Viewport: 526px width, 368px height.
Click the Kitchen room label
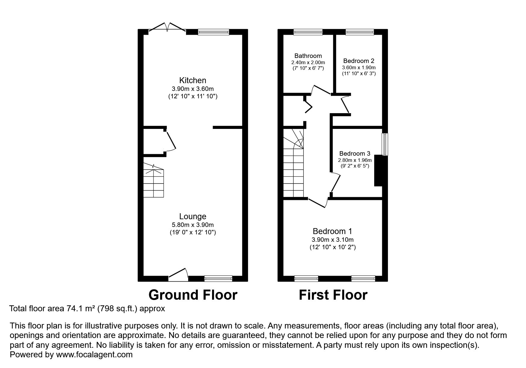192,80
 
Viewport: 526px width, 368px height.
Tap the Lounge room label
192,217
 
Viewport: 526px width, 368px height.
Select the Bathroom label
308,56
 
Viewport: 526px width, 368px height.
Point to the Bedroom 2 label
359,61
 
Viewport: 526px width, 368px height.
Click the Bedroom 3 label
355,154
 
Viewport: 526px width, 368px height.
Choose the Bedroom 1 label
333,231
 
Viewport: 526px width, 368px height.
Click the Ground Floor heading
193,295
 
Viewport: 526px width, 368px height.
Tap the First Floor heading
333,295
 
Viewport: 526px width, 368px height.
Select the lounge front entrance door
179,275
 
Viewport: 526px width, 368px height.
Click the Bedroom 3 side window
385,144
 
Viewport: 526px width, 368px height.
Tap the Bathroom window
308,32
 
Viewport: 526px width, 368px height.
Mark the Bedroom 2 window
360,32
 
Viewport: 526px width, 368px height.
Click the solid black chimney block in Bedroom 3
378,171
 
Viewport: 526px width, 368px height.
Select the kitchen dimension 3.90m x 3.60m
193,89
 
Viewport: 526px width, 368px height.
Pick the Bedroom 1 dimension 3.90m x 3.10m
333,240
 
